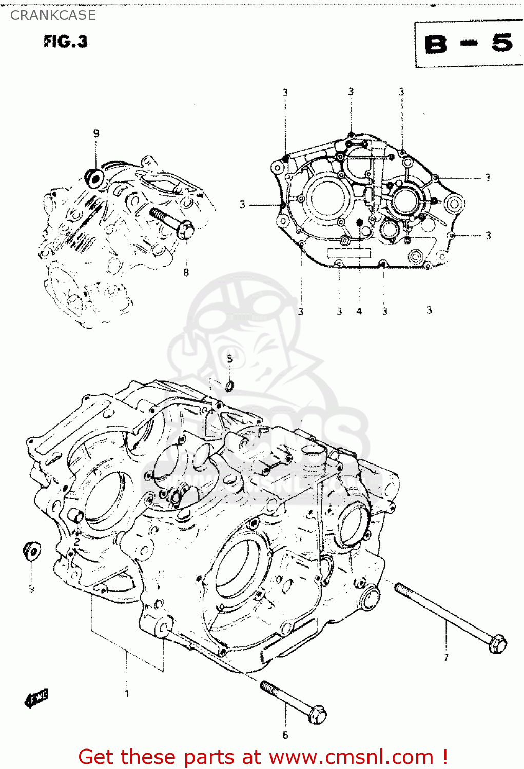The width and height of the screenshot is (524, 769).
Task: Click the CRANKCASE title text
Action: pos(53,15)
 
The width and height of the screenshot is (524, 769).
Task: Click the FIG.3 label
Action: pos(66,42)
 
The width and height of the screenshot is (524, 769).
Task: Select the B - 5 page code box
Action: pos(469,45)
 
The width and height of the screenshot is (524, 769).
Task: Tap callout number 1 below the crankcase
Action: pos(127,694)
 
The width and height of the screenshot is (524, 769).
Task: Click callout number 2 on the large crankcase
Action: pos(76,542)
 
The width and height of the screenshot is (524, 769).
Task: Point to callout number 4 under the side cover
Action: pos(359,311)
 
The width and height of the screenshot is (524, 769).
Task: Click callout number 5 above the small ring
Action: pos(229,359)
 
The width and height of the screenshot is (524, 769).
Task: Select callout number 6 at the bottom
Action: pos(285,735)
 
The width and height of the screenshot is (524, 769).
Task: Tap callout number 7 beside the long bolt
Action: pos(445,657)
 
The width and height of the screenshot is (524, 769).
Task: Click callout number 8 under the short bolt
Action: pos(186,273)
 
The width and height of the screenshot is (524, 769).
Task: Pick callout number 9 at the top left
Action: pos(96,134)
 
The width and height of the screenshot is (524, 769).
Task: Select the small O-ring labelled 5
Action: pos(229,386)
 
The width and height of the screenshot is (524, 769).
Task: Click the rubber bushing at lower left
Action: pos(32,552)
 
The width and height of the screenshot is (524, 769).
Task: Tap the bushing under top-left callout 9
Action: pos(95,176)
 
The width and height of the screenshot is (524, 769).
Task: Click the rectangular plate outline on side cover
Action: pos(349,253)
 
